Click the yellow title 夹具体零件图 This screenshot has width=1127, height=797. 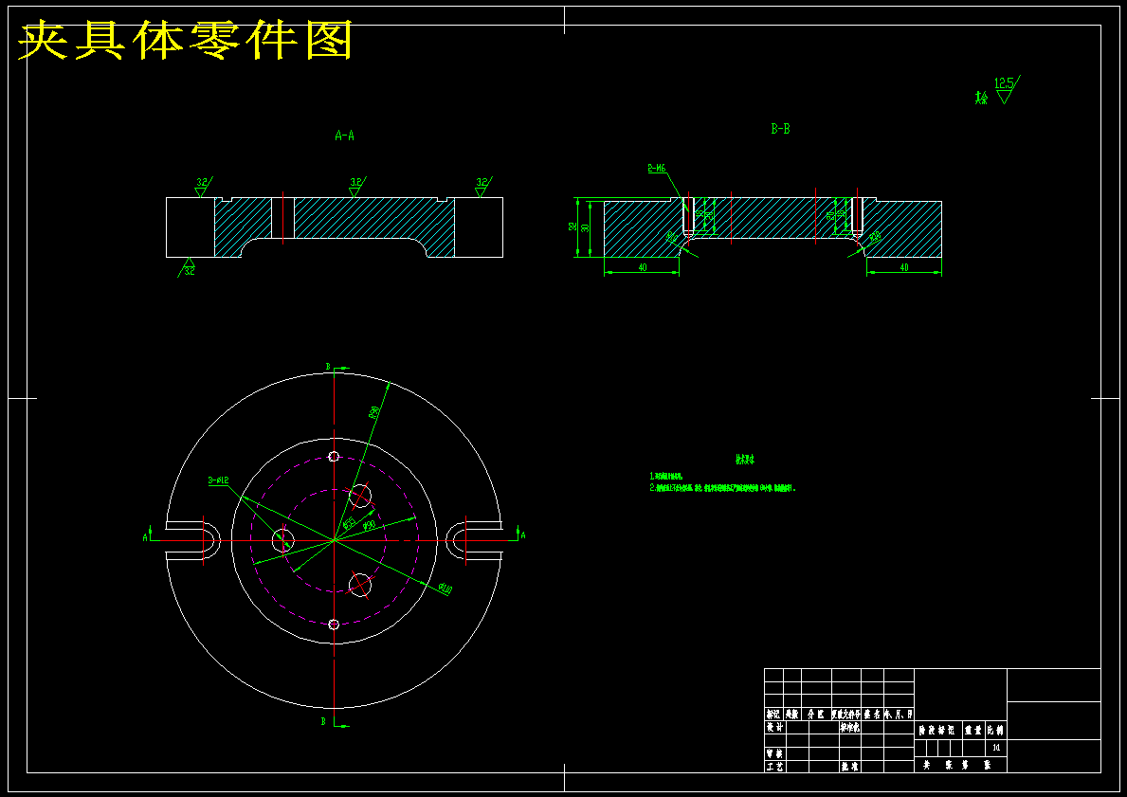point(186,40)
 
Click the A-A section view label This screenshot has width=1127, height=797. point(345,136)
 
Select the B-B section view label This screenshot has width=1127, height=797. point(780,129)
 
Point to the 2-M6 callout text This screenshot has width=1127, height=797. point(657,169)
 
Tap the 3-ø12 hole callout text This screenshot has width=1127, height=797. point(219,480)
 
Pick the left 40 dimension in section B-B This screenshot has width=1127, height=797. point(642,268)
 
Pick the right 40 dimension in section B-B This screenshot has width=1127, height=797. point(903,268)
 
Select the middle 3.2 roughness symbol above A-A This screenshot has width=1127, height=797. point(355,185)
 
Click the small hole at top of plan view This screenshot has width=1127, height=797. point(334,457)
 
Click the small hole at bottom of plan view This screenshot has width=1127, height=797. point(334,624)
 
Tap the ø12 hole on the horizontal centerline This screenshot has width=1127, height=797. point(282,540)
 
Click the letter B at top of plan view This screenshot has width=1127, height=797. point(328,366)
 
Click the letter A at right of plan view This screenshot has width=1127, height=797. point(522,535)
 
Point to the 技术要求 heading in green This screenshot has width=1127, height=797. point(746,460)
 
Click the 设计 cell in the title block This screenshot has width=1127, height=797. point(774,727)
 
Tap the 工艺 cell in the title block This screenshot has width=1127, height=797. point(774,766)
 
